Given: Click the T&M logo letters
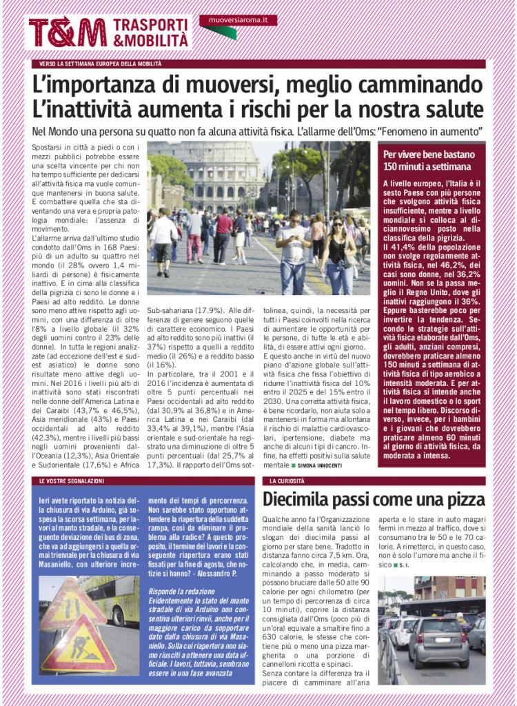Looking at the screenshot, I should pos(67,33).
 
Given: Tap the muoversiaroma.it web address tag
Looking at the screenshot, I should pos(239,20).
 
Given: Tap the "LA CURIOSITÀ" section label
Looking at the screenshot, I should pos(287,480).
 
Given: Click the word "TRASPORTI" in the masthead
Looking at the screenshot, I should pos(150,25).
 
